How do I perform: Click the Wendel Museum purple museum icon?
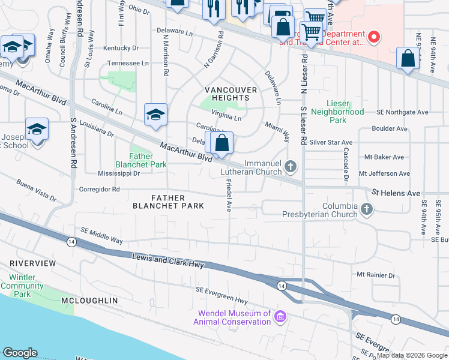[x=279, y=317]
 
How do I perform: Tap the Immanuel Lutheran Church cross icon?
[x=291, y=166]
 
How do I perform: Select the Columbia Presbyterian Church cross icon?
[x=366, y=209]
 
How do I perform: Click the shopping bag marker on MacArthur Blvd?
[x=221, y=143]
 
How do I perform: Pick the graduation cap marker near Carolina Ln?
[x=155, y=115]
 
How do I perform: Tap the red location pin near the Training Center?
[x=374, y=38]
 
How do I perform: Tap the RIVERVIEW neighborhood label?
[x=33, y=263]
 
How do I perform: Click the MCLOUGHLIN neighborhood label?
[x=89, y=300]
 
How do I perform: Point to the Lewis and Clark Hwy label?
[x=168, y=261]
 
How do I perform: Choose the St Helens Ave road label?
[x=396, y=193]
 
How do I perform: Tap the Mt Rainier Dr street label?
[x=376, y=275]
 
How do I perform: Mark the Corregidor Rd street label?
[x=99, y=189]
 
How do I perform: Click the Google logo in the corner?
[x=20, y=353]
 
